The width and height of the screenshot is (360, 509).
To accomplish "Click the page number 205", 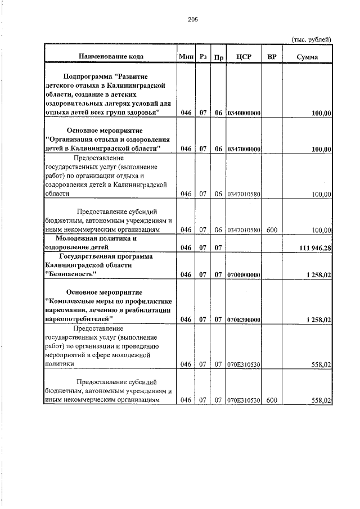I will (x=193, y=20).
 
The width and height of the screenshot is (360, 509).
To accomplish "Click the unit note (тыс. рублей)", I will (x=311, y=39).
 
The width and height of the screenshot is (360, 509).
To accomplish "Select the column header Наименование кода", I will (x=111, y=56).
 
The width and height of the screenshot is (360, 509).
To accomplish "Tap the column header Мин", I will (x=186, y=56).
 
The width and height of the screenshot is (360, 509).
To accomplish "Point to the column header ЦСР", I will (x=244, y=56).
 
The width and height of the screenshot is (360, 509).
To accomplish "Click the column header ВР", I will (x=272, y=56).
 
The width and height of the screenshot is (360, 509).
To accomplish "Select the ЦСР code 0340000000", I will (x=244, y=113).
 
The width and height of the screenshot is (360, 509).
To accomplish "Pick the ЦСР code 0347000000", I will (x=244, y=148).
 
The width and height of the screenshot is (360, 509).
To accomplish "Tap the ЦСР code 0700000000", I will (x=244, y=274).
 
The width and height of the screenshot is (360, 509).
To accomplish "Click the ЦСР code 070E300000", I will (x=244, y=319).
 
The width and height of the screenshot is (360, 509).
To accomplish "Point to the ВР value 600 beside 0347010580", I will (x=272, y=229).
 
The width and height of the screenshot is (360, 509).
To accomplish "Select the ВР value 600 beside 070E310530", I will (x=272, y=400).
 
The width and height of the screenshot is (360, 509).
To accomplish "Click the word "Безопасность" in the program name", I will (x=71, y=274).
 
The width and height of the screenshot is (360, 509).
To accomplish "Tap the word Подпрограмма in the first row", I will (x=88, y=75).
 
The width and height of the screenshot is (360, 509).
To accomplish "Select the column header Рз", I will (x=203, y=56).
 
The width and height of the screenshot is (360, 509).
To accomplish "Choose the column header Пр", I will (x=219, y=57).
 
